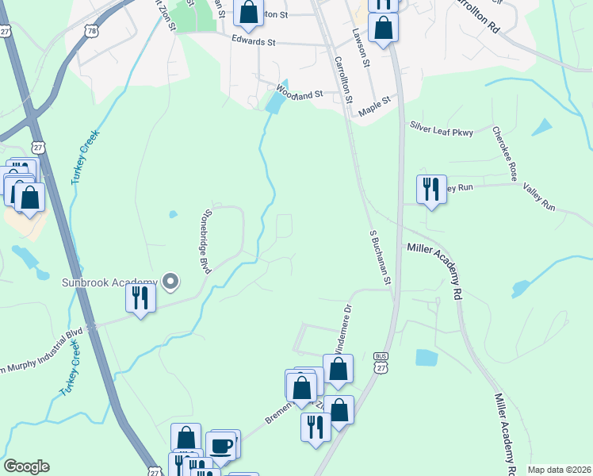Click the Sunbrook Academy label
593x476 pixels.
(x=109, y=282)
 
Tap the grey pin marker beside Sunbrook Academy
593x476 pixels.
(x=170, y=281)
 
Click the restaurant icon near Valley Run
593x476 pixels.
(x=431, y=190)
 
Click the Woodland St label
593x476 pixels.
(x=300, y=93)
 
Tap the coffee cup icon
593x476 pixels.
(x=221, y=445)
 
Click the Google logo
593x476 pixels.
(x=26, y=466)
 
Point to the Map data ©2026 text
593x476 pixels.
(x=559, y=470)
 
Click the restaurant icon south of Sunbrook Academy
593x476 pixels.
(x=140, y=298)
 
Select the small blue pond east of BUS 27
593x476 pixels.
(x=426, y=358)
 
